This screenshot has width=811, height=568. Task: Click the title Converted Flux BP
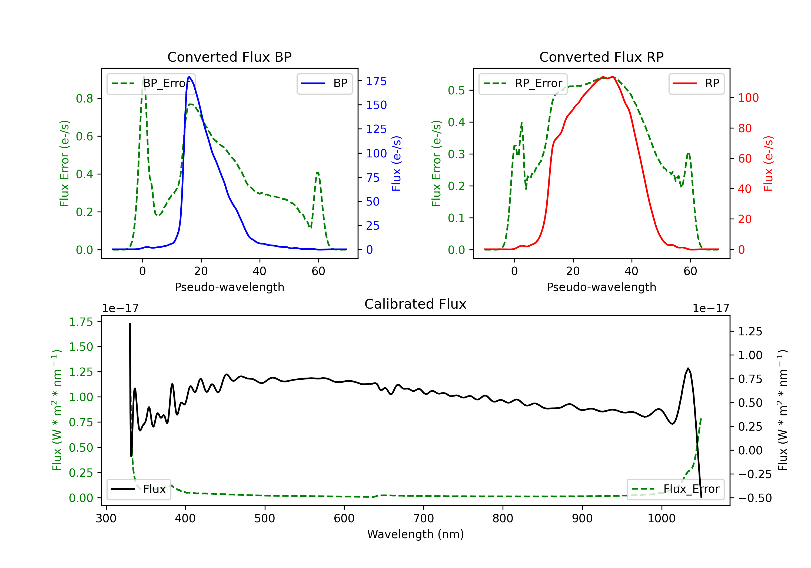(x=229, y=57)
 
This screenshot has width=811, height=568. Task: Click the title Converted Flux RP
(x=601, y=57)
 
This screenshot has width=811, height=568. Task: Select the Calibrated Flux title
(x=416, y=304)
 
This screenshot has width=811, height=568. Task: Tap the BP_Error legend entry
(x=151, y=83)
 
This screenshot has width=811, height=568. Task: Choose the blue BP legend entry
(x=324, y=83)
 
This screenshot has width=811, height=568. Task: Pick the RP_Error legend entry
(x=523, y=83)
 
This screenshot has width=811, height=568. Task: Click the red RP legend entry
(x=696, y=83)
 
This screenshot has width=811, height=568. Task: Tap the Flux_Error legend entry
(x=675, y=489)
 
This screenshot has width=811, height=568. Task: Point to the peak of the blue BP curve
(x=189, y=77)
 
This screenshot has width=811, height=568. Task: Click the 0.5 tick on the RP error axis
(x=456, y=91)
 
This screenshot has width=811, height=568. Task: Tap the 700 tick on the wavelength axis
(x=424, y=519)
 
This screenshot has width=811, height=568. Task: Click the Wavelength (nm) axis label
(x=416, y=534)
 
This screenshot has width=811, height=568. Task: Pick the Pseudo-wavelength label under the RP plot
(x=601, y=287)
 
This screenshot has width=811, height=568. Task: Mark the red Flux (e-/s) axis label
(x=768, y=164)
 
